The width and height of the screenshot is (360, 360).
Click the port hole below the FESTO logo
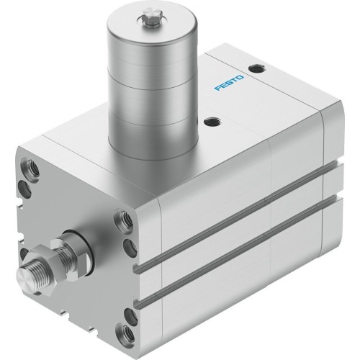211,121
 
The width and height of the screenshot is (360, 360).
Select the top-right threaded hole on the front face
123,220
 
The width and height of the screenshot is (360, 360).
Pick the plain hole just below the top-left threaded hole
25,189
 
